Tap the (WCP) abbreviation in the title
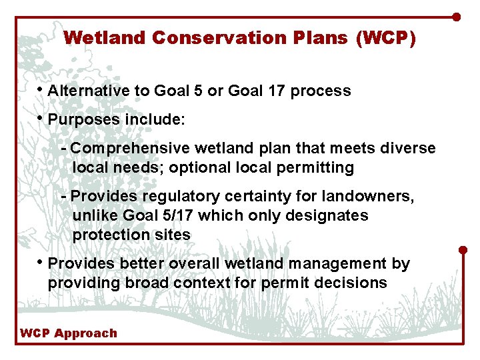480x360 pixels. click(385, 38)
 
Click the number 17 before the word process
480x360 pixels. click(293, 91)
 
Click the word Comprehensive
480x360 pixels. click(129, 148)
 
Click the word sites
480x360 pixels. click(173, 235)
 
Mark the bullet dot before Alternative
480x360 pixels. click(41, 89)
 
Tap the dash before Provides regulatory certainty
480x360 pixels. click(63, 196)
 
